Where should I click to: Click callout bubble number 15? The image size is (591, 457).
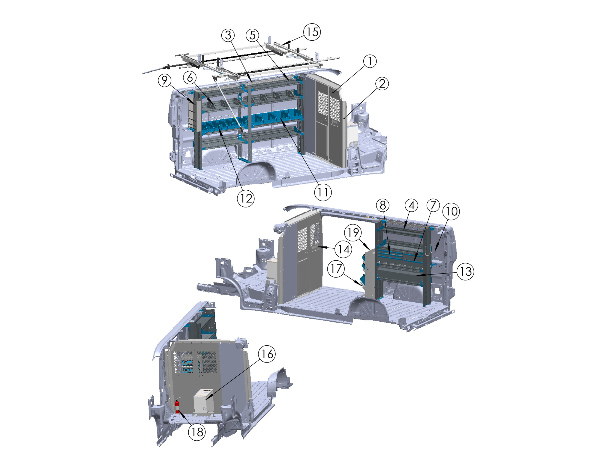coord(312,32)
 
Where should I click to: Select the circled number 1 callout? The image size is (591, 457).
coord(370,61)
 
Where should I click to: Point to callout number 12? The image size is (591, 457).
coord(246,198)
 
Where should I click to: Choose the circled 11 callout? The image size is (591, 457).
coord(323,192)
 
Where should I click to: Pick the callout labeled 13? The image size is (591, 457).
coord(465,271)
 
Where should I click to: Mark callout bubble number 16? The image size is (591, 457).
coord(267,354)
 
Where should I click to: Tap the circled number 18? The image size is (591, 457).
coord(197,432)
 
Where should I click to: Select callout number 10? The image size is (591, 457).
coord(451,211)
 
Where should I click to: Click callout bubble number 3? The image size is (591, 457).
coord(228,35)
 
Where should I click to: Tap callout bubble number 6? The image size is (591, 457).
coord(190,78)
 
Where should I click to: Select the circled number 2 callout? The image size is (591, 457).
coord(382,84)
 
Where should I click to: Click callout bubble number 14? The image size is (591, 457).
coord(343,249)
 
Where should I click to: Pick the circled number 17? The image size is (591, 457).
coord(336,269)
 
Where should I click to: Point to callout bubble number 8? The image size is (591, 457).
coord(383,205)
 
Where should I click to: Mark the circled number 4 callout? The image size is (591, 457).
coord(412,205)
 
